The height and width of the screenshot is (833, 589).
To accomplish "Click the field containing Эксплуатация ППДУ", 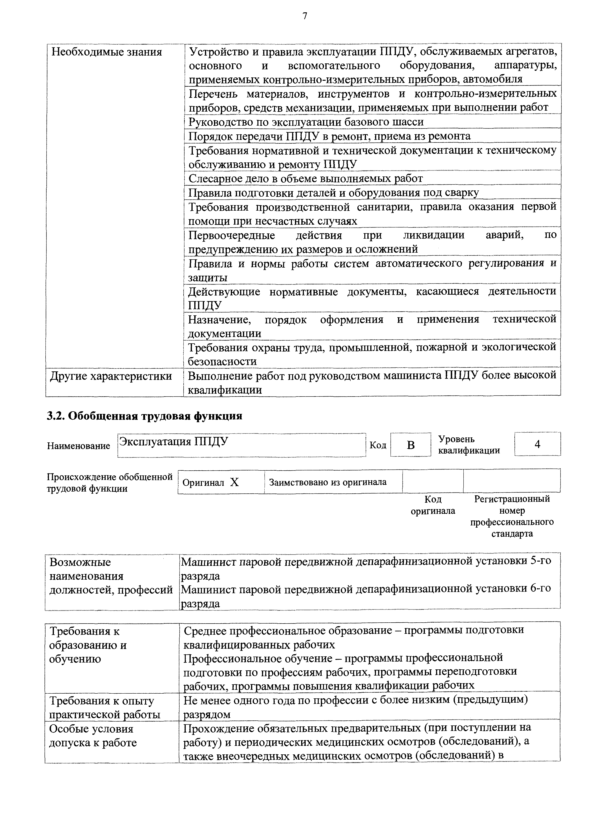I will pyautogui.click(x=241, y=445).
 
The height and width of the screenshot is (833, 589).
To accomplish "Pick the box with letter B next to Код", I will pyautogui.click(x=410, y=445).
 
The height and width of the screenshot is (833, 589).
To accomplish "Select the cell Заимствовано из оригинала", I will pyautogui.click(x=328, y=482).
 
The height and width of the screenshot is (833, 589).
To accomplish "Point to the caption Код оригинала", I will pyautogui.click(x=432, y=505).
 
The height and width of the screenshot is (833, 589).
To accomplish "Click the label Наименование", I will pyautogui.click(x=78, y=446).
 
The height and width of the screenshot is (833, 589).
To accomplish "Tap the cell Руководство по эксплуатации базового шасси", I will pyautogui.click(x=306, y=122).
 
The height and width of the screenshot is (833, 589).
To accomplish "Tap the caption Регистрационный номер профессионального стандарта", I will pyautogui.click(x=512, y=516).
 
